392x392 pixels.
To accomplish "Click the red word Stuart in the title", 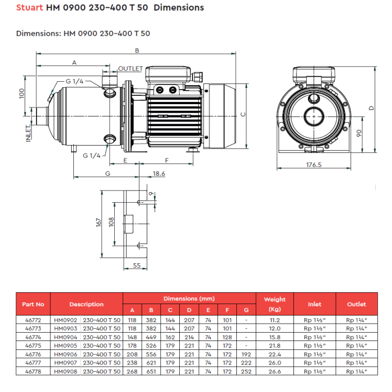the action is tap(30, 7).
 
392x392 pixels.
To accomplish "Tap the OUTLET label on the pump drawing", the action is tap(130, 68).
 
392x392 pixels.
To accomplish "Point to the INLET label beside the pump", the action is tap(28, 134).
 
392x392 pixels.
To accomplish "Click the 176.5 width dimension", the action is tap(314, 165).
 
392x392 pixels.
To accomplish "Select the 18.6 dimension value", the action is tap(158, 174).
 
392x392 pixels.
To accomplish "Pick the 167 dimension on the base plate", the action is tap(99, 222).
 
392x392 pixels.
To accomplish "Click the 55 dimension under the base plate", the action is tap(137, 265).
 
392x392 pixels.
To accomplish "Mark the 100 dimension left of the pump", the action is tap(22, 94).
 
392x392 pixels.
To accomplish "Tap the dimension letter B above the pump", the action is tap(137, 50).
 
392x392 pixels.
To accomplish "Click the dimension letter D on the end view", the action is tap(371, 108).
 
